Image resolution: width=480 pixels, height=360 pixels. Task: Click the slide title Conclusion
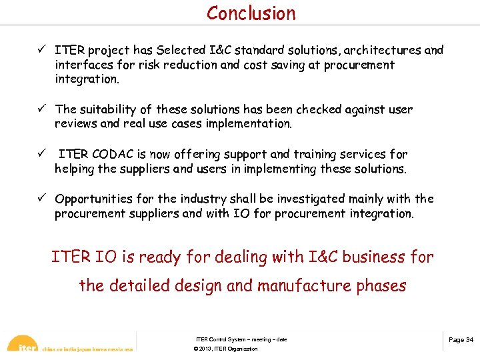[251, 13]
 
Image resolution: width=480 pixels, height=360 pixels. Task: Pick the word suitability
[110, 109]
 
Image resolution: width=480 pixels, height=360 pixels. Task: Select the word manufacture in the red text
[303, 286]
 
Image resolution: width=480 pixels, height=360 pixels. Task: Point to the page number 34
[461, 340]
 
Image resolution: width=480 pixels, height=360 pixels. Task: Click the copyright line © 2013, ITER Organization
[225, 349]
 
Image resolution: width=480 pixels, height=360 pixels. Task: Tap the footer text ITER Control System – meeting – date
[241, 340]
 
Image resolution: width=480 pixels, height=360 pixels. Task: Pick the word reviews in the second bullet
[77, 124]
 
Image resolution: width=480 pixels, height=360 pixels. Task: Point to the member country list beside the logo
[87, 349]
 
